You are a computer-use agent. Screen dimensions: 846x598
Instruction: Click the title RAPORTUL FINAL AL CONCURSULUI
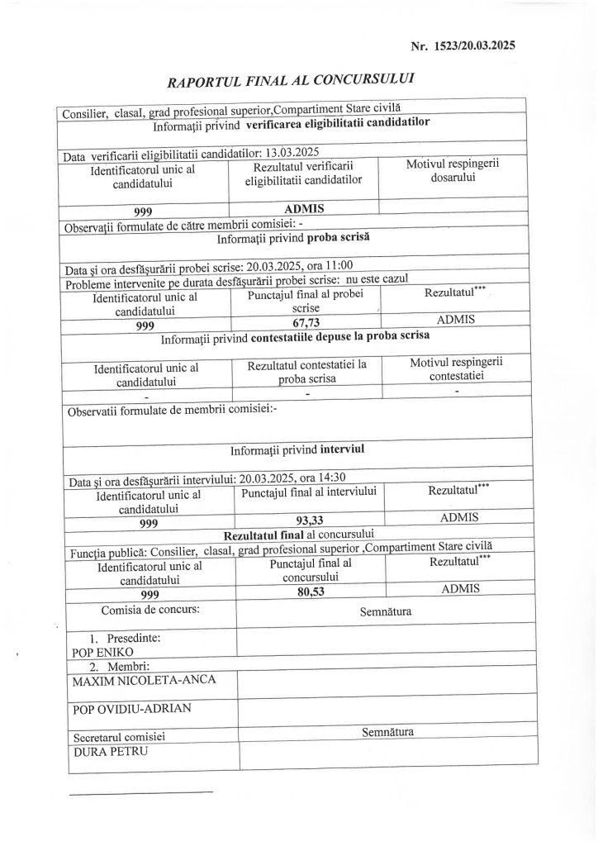(291, 81)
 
